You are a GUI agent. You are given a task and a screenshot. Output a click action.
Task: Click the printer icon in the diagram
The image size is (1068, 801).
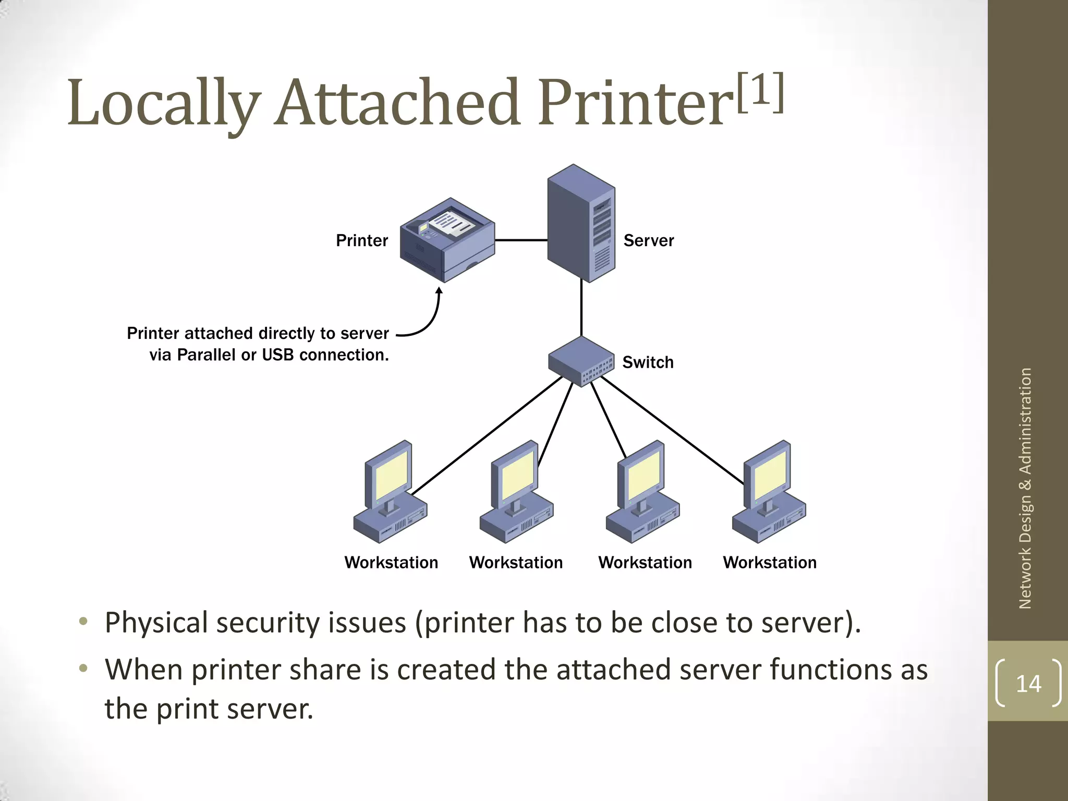[447, 240]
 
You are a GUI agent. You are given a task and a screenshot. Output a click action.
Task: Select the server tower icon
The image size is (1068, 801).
[581, 223]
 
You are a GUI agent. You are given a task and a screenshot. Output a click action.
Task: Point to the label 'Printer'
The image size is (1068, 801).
[362, 240]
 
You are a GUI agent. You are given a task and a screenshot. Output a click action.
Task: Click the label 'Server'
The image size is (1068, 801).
[648, 240]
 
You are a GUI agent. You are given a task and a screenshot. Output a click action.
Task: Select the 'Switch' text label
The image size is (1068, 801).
[648, 362]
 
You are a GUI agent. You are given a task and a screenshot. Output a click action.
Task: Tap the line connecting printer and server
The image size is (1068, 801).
[520, 240]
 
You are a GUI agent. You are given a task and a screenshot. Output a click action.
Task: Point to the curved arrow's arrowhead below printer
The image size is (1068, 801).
[439, 291]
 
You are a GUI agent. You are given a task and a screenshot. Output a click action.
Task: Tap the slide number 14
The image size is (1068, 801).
[1028, 683]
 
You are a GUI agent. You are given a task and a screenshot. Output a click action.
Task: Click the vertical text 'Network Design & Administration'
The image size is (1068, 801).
[1025, 488]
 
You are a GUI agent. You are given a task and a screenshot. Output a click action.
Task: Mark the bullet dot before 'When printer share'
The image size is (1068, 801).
[83, 668]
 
